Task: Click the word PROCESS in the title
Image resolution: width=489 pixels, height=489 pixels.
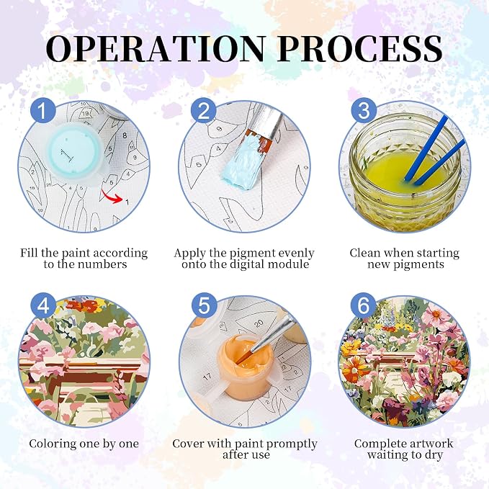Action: click(359, 48)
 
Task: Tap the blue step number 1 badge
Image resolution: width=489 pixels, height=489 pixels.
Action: click(43, 111)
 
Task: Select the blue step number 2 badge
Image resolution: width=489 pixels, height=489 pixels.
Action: click(203, 111)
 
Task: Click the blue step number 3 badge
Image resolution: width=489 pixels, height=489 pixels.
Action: click(364, 111)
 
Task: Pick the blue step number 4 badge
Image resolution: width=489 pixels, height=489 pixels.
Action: click(43, 305)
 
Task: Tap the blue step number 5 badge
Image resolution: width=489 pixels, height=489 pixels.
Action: click(203, 305)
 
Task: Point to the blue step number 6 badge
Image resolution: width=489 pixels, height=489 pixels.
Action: click(364, 305)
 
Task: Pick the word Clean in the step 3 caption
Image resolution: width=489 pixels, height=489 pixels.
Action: click(365, 253)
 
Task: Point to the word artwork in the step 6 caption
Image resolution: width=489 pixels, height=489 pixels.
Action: click(430, 444)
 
